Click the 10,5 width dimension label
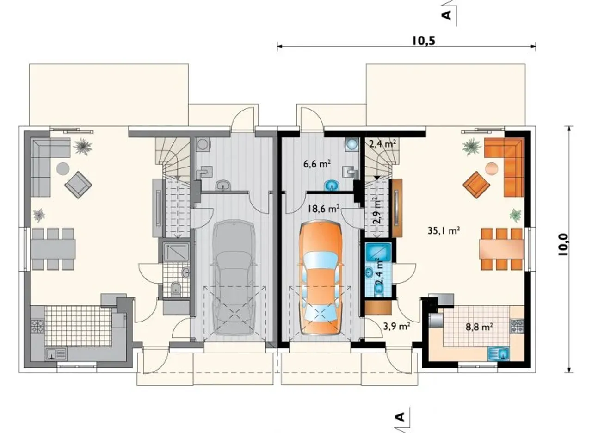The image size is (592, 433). (x=424, y=41)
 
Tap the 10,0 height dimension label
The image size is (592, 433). (x=563, y=245)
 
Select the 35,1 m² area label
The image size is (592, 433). (x=444, y=231)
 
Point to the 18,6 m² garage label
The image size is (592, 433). (x=323, y=209)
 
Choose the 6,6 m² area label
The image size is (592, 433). (x=317, y=164)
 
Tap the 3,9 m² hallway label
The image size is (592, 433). (x=397, y=327)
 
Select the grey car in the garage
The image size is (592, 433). (x=234, y=278)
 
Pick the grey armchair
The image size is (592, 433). (x=78, y=185)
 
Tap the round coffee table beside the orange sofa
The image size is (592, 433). (x=492, y=168)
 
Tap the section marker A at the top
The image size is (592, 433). (x=447, y=15)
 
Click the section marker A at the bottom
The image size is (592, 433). (x=401, y=417)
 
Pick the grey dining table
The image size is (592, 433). (x=53, y=249)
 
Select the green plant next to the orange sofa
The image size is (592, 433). (x=471, y=147)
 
